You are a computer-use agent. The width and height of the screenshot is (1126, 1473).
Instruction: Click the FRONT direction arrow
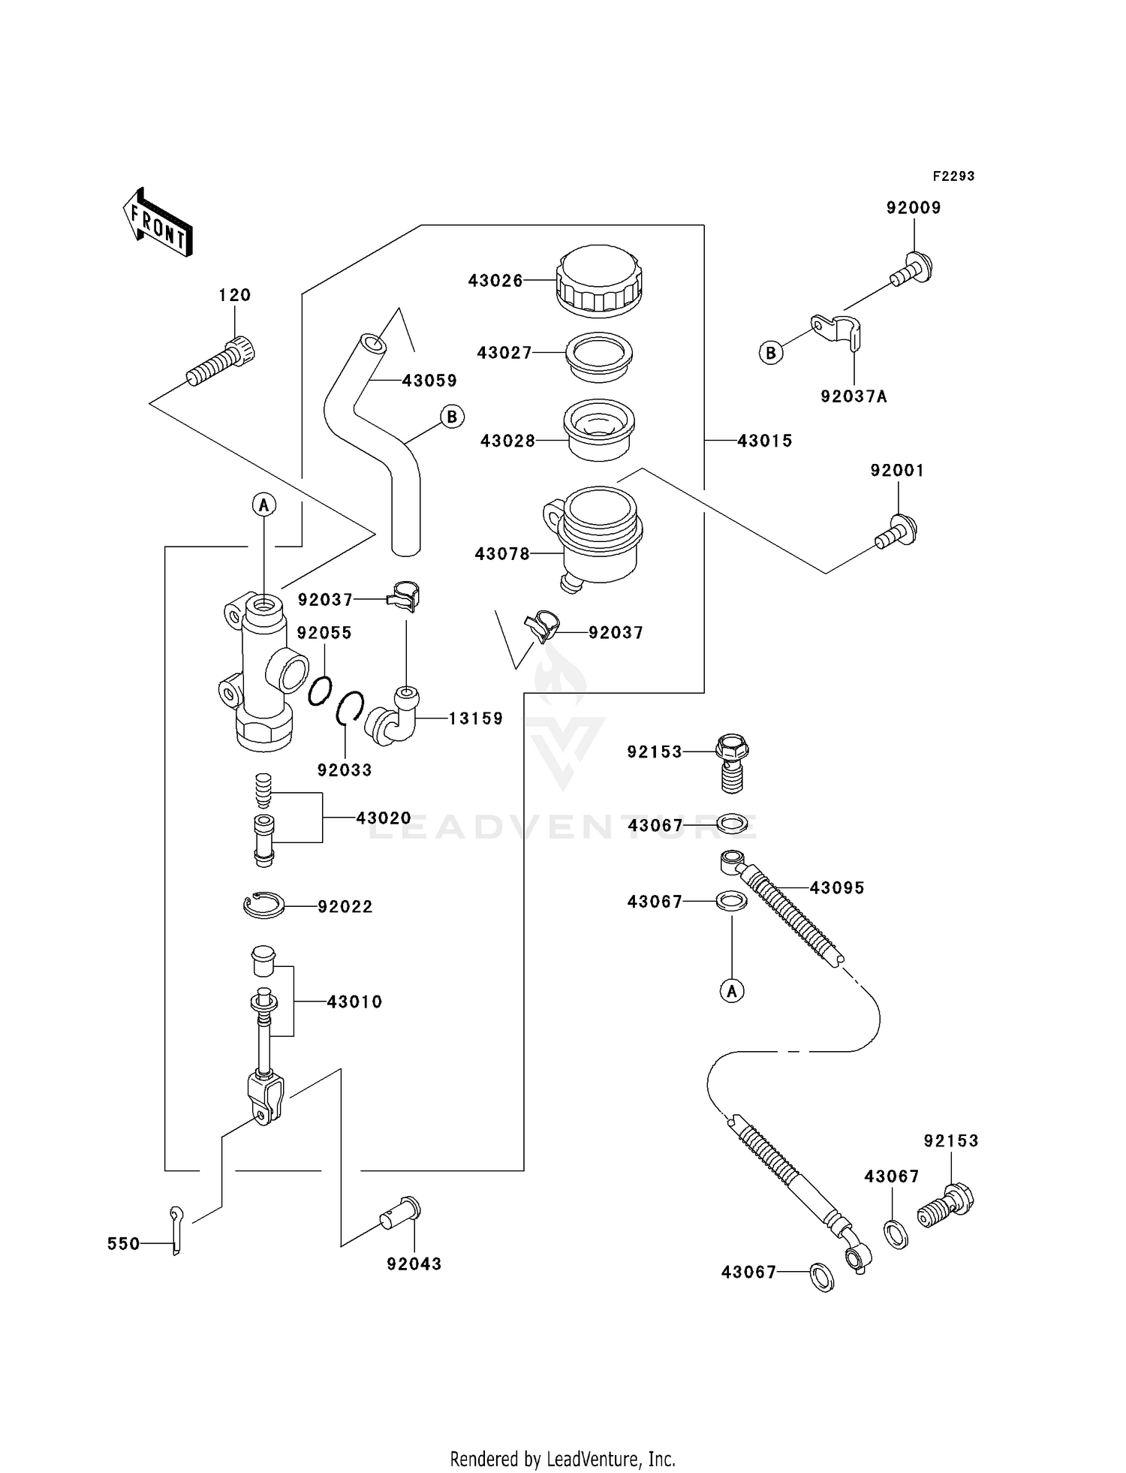pyautogui.click(x=158, y=222)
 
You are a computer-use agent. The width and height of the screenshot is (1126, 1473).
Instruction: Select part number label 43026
pyautogui.click(x=495, y=281)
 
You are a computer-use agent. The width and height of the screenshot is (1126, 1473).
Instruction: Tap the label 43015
pyautogui.click(x=764, y=441)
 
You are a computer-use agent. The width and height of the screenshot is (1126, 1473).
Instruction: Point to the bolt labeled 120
pyautogui.click(x=221, y=362)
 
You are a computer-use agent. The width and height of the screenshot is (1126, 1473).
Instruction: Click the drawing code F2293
pyautogui.click(x=953, y=176)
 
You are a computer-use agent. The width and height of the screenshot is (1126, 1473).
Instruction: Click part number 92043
pyautogui.click(x=414, y=1264)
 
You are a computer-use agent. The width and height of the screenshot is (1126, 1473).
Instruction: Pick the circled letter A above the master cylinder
pyautogui.click(x=263, y=505)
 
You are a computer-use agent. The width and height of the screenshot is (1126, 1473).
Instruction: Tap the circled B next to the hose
pyautogui.click(x=452, y=417)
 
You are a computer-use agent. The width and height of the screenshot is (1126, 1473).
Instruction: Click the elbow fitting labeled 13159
pyautogui.click(x=393, y=718)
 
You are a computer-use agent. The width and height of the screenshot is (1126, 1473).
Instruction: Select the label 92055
pyautogui.click(x=324, y=633)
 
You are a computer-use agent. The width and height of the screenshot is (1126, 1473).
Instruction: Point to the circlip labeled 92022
pyautogui.click(x=263, y=905)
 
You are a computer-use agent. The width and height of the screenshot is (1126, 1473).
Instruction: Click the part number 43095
pyautogui.click(x=836, y=888)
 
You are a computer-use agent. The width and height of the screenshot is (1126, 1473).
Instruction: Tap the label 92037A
pyautogui.click(x=854, y=396)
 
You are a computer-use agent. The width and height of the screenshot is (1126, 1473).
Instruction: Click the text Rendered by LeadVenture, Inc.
pyautogui.click(x=562, y=1459)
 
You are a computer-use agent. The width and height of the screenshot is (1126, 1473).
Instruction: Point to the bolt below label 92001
pyautogui.click(x=896, y=532)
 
